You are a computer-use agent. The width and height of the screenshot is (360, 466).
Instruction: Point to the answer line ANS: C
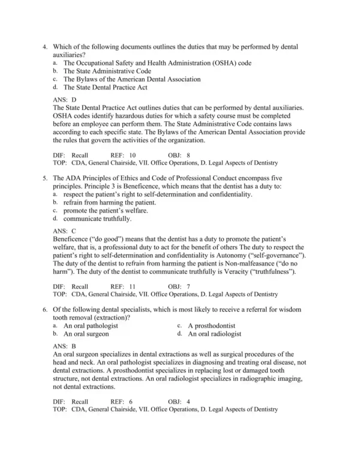click(x=65, y=231)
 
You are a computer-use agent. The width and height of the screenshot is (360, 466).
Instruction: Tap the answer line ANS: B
click(x=65, y=346)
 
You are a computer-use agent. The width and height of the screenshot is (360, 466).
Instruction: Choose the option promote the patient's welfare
click(x=104, y=211)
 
